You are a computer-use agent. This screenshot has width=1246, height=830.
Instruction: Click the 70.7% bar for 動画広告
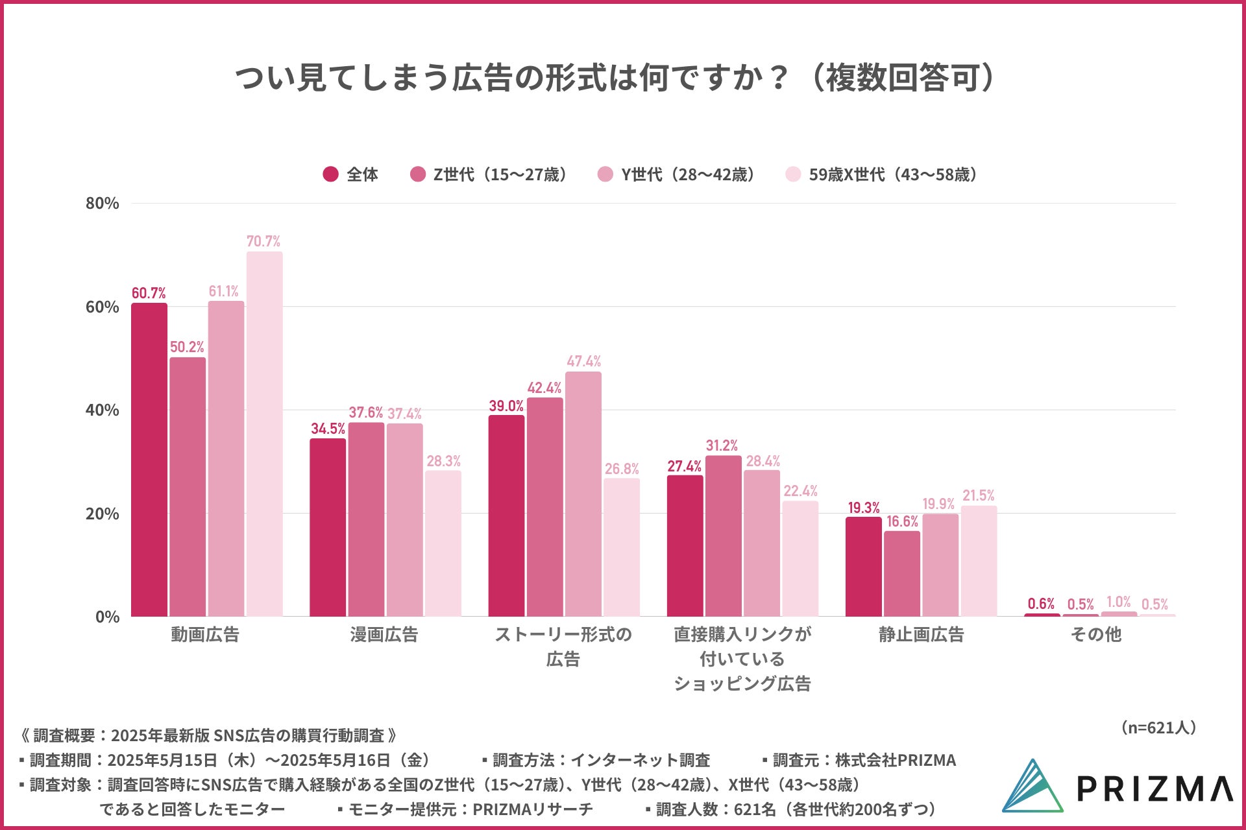(x=264, y=434)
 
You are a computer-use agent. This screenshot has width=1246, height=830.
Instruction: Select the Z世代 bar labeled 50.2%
(x=188, y=486)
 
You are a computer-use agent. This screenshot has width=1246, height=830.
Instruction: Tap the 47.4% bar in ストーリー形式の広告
(x=583, y=493)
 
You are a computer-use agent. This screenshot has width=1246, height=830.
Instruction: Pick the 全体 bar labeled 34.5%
(x=328, y=527)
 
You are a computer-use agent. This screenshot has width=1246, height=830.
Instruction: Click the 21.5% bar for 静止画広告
(x=979, y=561)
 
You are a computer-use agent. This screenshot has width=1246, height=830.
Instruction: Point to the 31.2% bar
(x=723, y=536)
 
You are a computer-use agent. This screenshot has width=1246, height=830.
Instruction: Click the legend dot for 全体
(x=331, y=174)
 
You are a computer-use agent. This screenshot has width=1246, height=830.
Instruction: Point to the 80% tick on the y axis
(x=103, y=204)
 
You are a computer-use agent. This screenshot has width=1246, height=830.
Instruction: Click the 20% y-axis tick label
(x=103, y=514)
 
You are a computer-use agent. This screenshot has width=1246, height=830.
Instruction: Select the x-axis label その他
(x=1096, y=634)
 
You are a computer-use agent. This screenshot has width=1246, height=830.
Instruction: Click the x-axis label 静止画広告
(x=921, y=634)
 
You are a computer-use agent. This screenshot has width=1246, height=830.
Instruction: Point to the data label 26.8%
(x=622, y=469)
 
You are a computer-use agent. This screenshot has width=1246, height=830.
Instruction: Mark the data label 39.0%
(x=506, y=406)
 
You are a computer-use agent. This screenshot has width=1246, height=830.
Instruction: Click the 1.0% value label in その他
(x=1118, y=602)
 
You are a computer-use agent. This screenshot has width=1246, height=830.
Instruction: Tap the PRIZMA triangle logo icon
(x=1033, y=786)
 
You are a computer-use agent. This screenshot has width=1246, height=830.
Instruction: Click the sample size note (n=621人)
(x=1158, y=728)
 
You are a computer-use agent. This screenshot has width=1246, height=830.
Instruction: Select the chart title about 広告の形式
(x=615, y=78)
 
